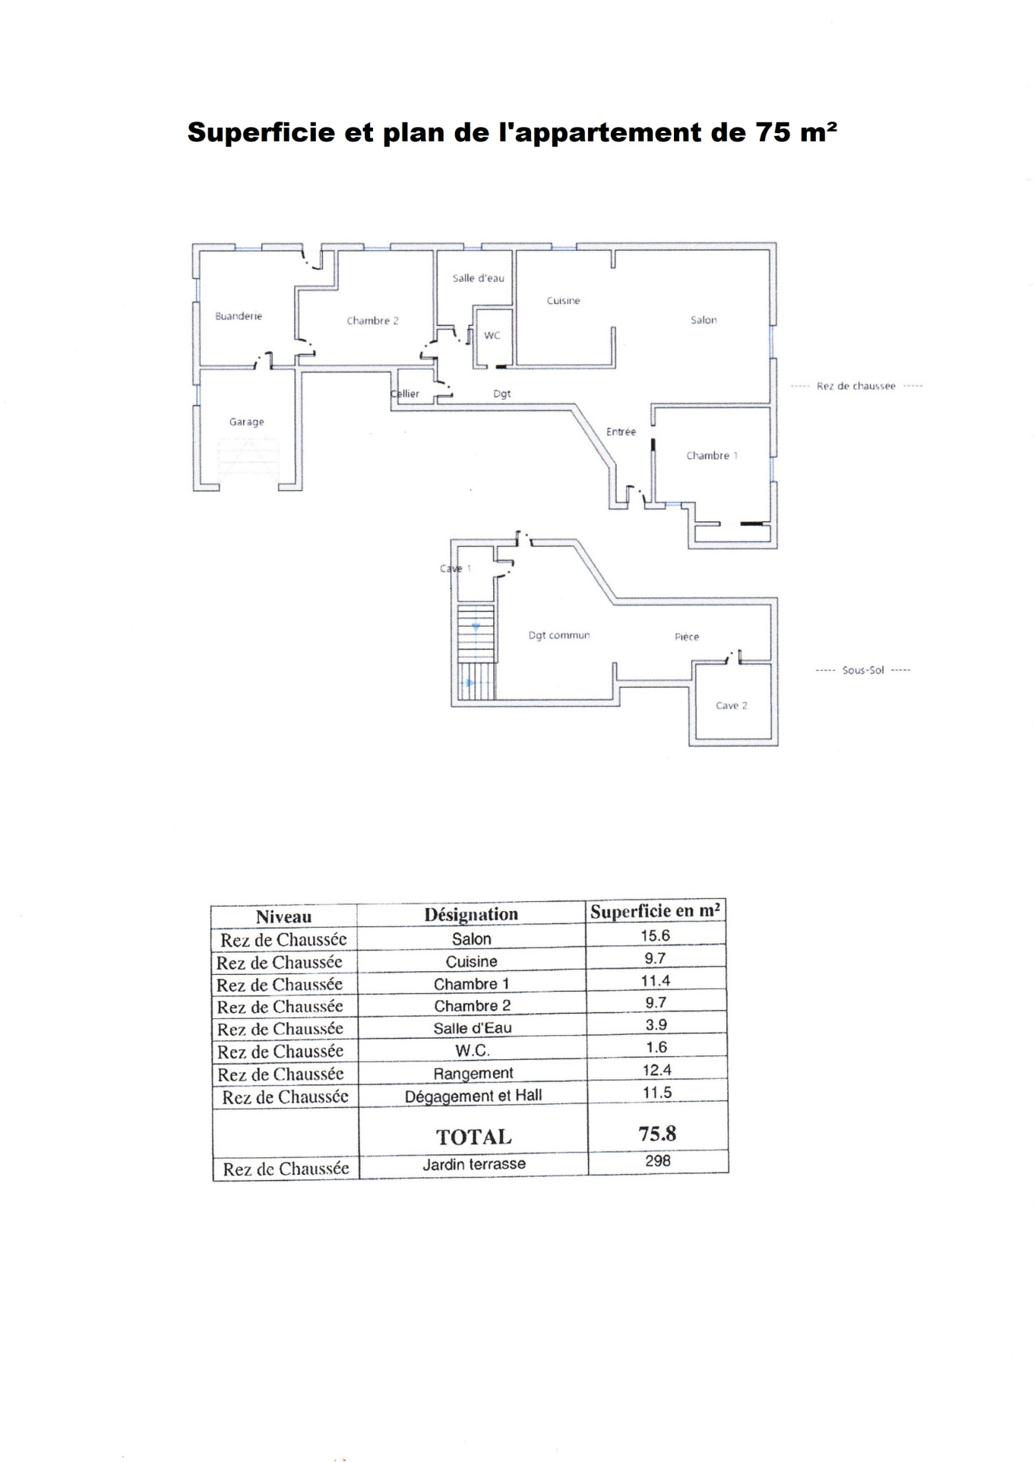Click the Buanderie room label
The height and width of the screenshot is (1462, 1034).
[x=239, y=316]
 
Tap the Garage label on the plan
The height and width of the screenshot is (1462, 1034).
[x=247, y=422]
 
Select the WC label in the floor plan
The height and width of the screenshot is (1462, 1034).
[x=492, y=335]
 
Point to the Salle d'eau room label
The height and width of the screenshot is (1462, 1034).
[x=479, y=278]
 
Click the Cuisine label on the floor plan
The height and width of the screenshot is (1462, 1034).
[x=564, y=301]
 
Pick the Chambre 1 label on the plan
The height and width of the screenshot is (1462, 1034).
[x=712, y=456]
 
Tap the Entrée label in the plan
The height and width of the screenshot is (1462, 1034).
[x=621, y=432]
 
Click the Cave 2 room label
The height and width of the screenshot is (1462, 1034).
[x=732, y=706]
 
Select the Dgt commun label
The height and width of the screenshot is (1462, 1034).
[x=559, y=635]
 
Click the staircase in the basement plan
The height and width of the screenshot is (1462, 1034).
[x=476, y=652]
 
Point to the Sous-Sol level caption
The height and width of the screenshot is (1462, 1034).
[x=863, y=670]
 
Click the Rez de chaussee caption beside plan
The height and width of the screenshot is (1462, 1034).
[x=856, y=386]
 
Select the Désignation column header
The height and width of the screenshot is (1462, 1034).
[x=471, y=914]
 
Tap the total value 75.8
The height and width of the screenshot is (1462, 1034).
[x=658, y=1134]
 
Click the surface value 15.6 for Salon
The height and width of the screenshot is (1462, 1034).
[x=656, y=936]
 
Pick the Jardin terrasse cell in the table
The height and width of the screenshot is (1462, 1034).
[x=474, y=1164]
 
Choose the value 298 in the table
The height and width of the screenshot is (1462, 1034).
[x=658, y=1161]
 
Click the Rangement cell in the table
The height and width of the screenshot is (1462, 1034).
[x=473, y=1073]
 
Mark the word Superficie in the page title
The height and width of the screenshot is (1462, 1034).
[x=261, y=133]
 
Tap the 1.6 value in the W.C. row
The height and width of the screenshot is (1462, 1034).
[x=656, y=1047]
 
